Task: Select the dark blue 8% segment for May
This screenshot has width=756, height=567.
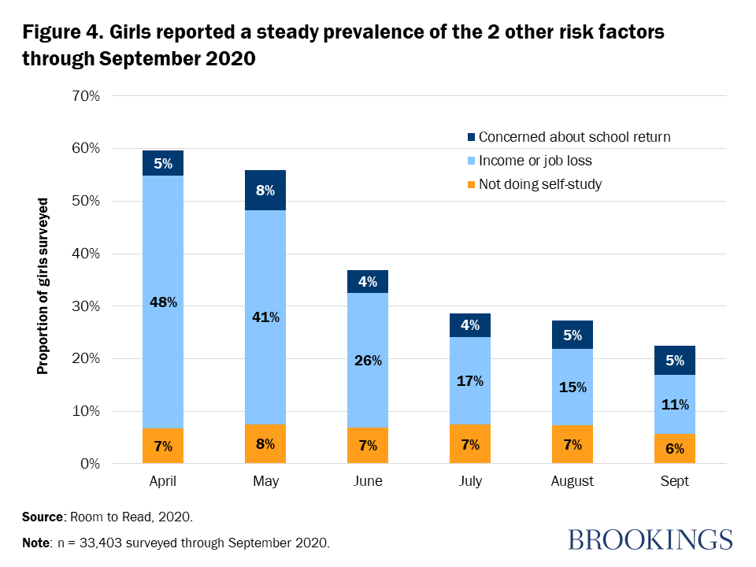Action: click(x=265, y=190)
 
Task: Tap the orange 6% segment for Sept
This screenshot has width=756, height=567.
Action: click(x=675, y=449)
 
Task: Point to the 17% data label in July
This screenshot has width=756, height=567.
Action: click(x=470, y=381)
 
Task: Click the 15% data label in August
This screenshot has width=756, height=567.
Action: click(x=573, y=387)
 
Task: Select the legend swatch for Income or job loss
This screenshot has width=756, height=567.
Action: click(x=471, y=161)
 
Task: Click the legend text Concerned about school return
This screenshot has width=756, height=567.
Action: click(x=574, y=137)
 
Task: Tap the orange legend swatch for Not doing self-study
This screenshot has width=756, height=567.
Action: click(x=471, y=185)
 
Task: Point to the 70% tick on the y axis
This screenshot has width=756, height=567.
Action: click(x=85, y=96)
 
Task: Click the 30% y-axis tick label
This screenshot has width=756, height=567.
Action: click(x=85, y=306)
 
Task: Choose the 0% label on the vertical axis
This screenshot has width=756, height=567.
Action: click(x=89, y=464)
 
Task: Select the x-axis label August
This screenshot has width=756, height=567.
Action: click(x=573, y=481)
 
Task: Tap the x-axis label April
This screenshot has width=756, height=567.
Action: click(x=163, y=481)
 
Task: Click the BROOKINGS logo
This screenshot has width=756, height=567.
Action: click(x=650, y=539)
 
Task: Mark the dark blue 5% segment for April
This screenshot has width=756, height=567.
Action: click(x=163, y=163)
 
